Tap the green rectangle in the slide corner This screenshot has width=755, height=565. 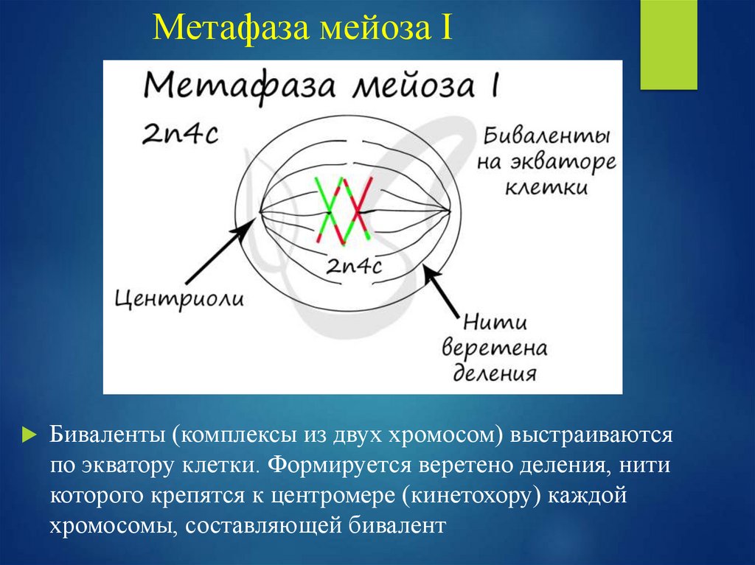tap(668, 44)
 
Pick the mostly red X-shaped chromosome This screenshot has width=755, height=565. tap(357, 209)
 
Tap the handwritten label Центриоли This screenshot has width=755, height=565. tap(179, 301)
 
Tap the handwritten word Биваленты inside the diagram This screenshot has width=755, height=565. tap(547, 138)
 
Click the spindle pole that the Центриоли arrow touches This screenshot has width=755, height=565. tap(260, 213)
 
